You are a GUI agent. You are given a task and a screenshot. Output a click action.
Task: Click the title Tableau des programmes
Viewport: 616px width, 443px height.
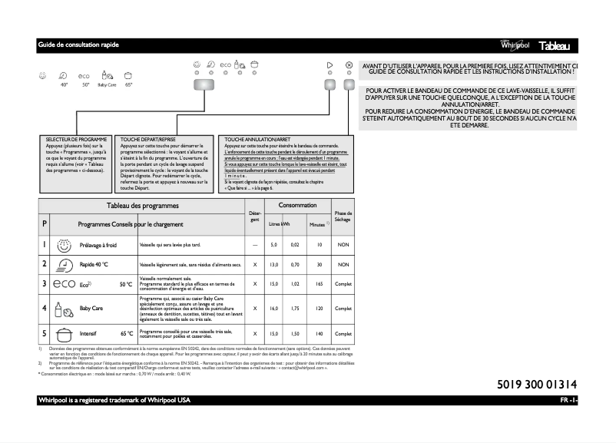click(x=142, y=206)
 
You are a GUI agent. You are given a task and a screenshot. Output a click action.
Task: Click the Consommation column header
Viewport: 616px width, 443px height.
click(x=297, y=205)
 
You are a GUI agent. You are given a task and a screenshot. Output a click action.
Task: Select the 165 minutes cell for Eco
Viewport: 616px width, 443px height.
click(x=318, y=284)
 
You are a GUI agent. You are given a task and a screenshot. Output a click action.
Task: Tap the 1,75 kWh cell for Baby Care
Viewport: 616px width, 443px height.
click(x=294, y=308)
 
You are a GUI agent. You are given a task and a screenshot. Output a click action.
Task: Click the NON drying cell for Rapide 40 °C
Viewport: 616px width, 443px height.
click(x=343, y=264)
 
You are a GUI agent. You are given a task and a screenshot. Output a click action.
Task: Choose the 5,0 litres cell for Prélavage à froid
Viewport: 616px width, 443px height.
click(x=273, y=244)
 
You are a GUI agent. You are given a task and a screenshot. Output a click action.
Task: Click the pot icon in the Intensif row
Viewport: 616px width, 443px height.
click(x=66, y=334)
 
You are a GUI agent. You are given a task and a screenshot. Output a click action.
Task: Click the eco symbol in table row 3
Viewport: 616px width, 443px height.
click(x=65, y=284)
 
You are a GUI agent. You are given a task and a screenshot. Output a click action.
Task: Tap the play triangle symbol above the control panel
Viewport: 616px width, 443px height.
click(x=330, y=65)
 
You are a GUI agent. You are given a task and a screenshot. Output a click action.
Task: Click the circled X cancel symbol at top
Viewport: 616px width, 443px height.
click(x=349, y=65)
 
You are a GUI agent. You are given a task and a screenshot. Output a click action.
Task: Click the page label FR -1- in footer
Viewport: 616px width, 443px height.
click(x=568, y=402)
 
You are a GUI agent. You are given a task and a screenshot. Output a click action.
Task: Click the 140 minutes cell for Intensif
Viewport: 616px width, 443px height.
click(x=318, y=334)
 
